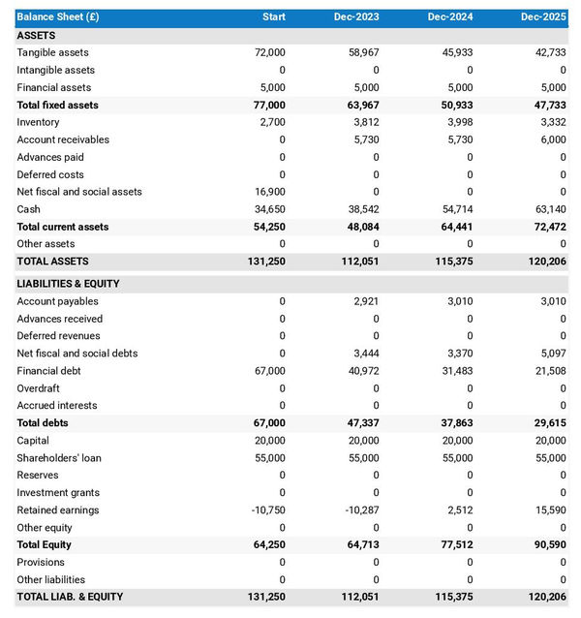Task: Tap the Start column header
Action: point(273,17)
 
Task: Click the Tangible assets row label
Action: point(52,52)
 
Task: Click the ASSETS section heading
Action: point(36,35)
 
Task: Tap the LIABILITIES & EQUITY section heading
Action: point(68,284)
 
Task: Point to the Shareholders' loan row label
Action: point(59,458)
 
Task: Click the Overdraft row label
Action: point(39,388)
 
